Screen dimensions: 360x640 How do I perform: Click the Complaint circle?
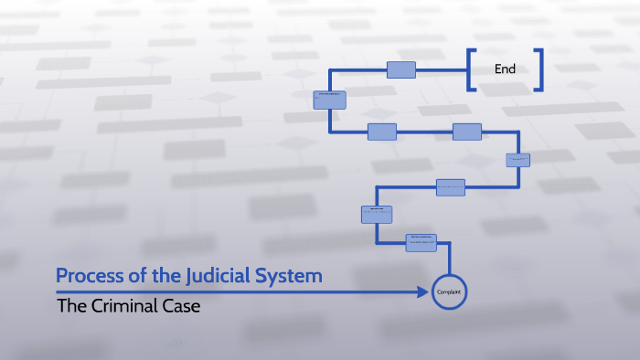point(449,291)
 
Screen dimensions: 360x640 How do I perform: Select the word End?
point(505,69)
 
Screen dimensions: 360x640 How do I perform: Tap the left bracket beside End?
point(471,69)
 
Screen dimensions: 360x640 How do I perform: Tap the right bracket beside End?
point(539,69)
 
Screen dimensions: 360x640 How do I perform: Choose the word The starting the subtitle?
point(71,306)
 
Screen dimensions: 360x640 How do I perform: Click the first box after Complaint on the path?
point(421,242)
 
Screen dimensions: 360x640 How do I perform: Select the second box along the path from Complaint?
point(377,215)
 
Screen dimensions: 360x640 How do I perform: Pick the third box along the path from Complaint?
point(451,187)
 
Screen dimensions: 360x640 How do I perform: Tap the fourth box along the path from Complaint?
point(518,160)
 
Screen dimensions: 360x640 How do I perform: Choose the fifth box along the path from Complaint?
point(466,132)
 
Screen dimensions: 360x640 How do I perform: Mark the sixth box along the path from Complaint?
point(382,132)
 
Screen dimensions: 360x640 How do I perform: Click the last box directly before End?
point(401,69)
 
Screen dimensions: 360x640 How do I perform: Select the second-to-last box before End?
point(329,100)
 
